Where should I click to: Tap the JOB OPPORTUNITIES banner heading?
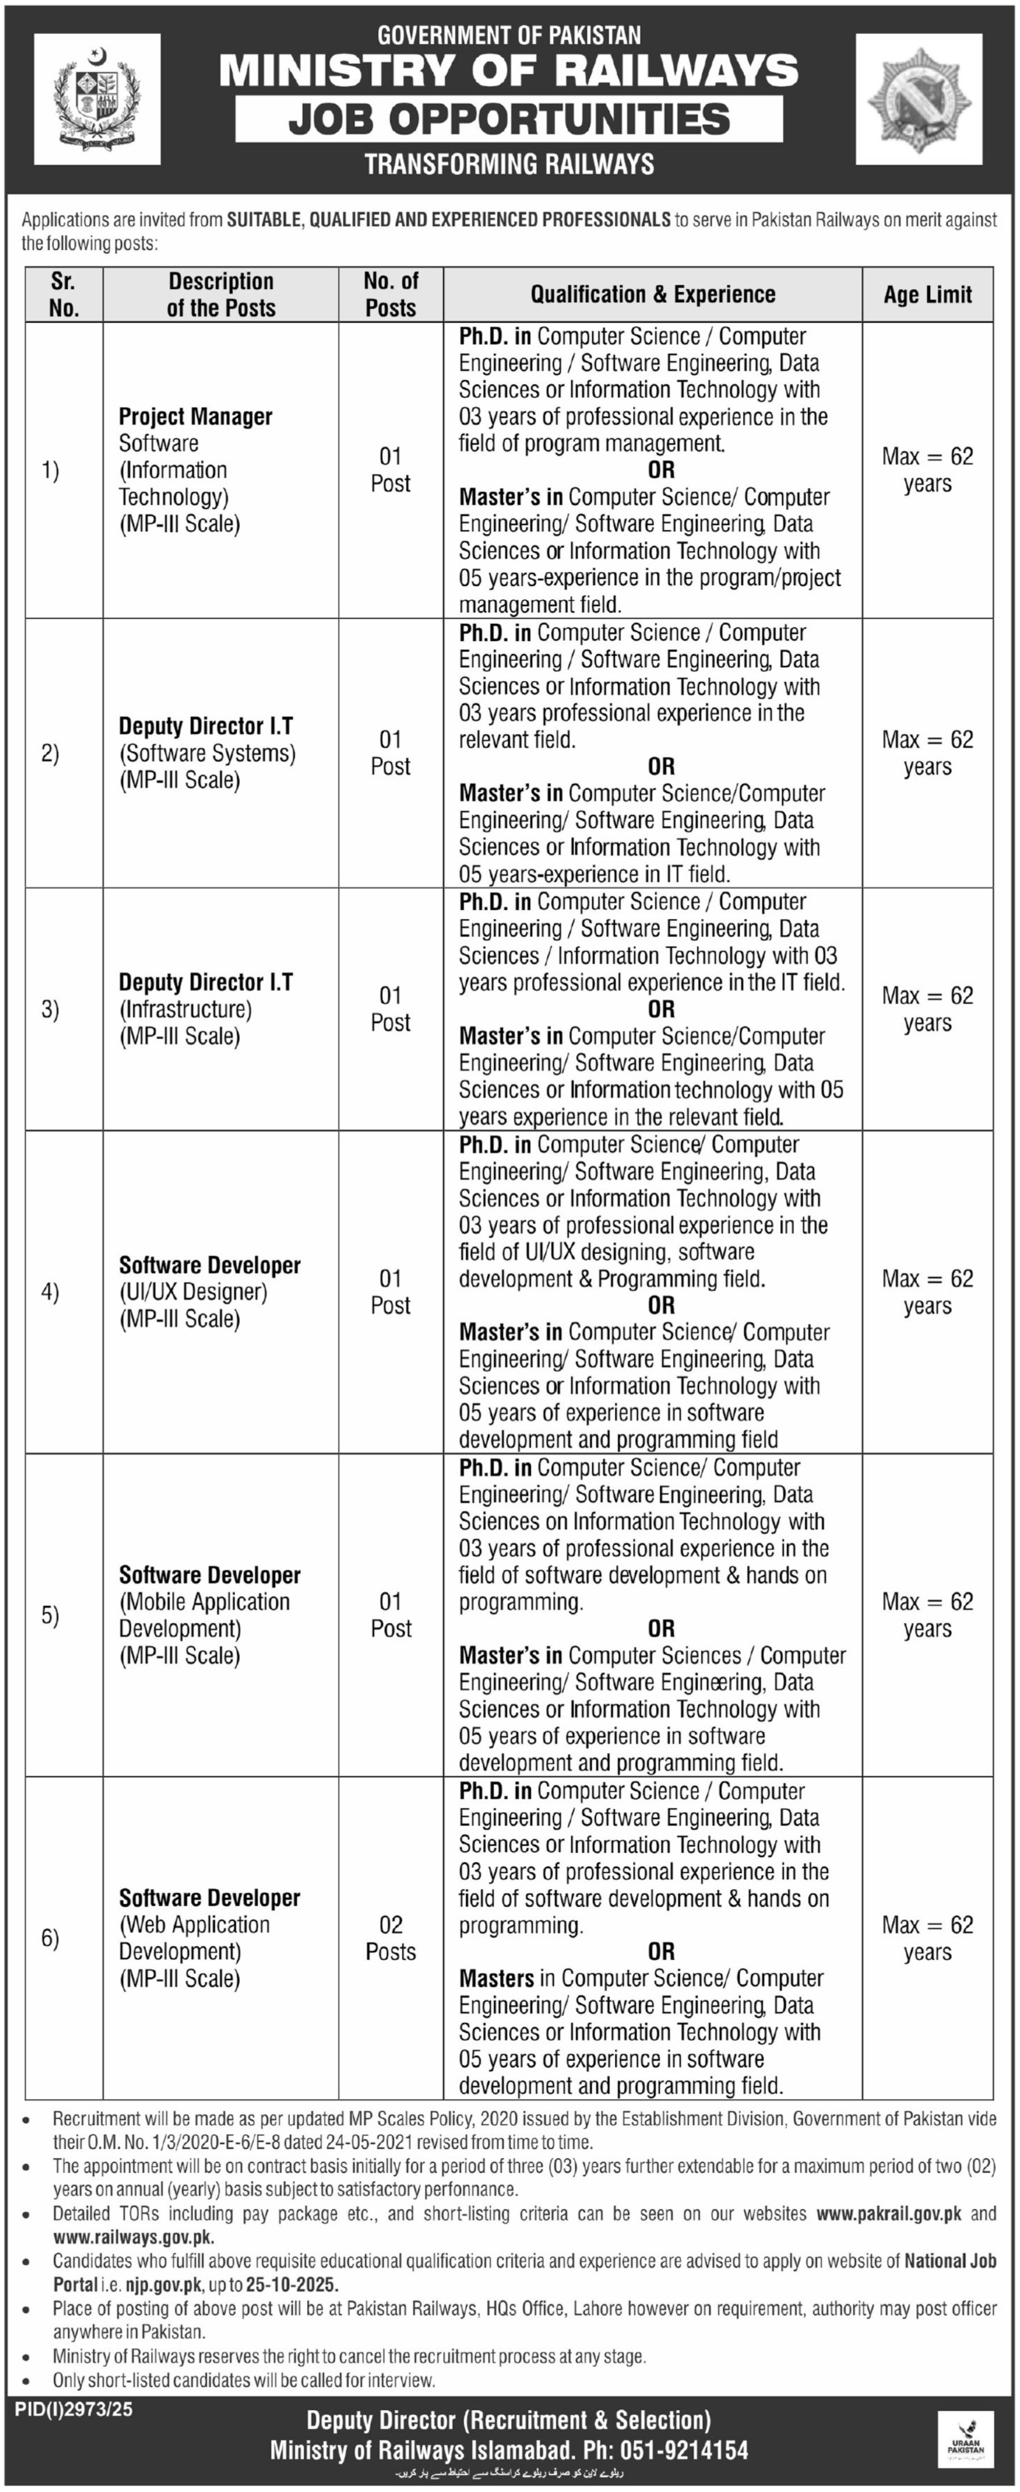(509, 119)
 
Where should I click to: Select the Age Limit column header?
(927, 295)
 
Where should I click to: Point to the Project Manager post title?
(196, 417)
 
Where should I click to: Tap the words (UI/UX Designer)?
(193, 1292)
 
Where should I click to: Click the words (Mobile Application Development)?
(204, 1615)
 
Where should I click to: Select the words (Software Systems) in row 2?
(208, 753)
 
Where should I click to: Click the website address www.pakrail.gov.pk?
(888, 2214)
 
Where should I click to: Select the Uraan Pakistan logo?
(965, 2439)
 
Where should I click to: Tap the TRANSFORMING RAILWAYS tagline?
(509, 164)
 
